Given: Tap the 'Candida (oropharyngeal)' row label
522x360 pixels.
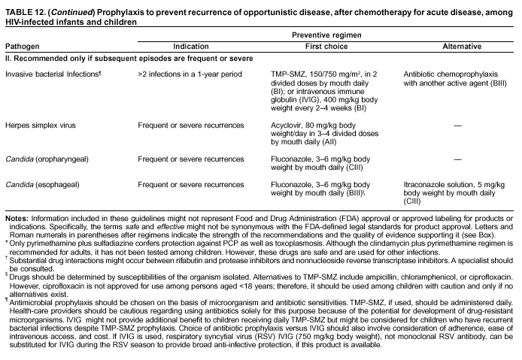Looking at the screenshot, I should (48, 159).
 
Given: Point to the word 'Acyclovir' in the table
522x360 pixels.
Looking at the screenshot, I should (286, 124).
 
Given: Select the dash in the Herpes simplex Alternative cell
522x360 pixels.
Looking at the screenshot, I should (457, 125).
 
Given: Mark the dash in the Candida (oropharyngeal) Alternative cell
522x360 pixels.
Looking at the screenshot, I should (457, 160).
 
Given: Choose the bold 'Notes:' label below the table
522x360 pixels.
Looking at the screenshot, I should (18, 219).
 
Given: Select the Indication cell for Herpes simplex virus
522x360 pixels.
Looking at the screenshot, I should (191, 124).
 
